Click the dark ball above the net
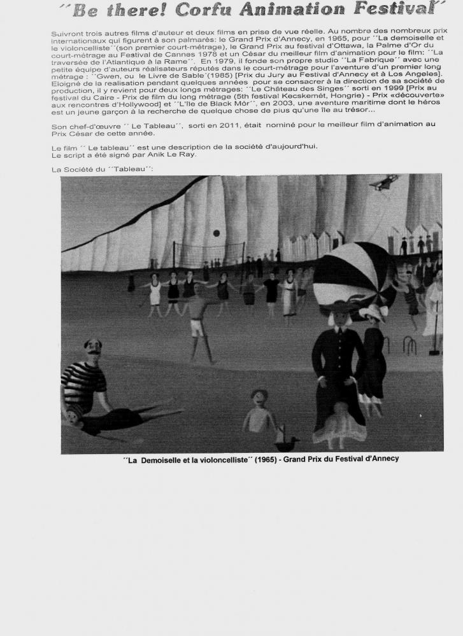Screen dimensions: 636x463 pos(216,233)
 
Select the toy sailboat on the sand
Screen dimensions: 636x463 pos(286,439)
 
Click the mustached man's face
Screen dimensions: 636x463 pos(93,349)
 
